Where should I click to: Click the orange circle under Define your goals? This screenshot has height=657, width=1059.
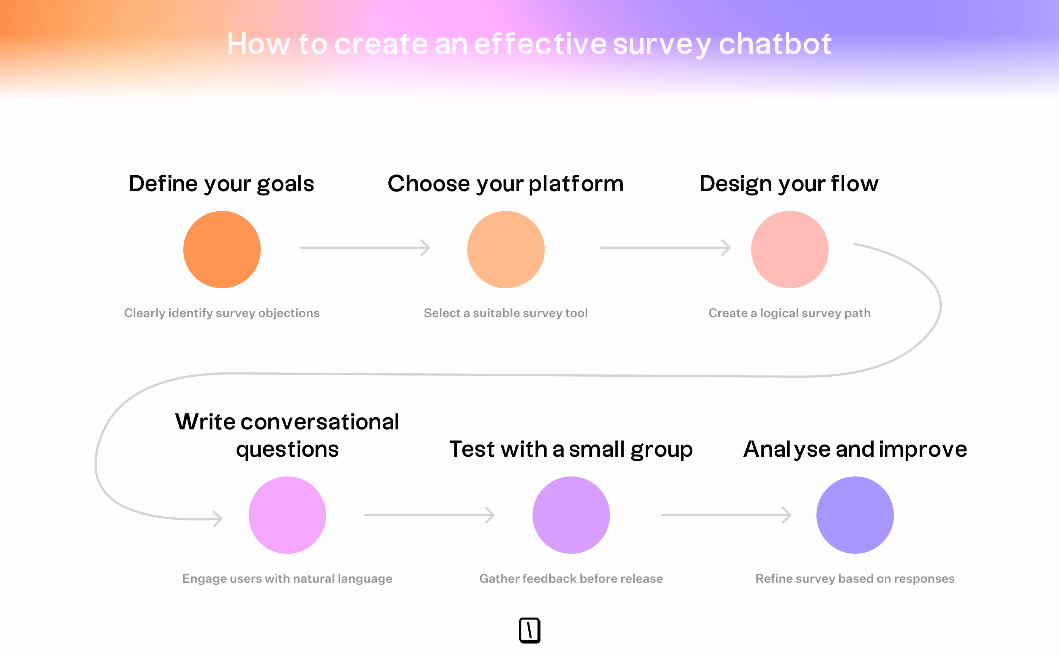point(222,250)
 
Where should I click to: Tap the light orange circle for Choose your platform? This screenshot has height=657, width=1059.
point(506,250)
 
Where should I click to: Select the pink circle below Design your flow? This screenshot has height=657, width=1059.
point(790,250)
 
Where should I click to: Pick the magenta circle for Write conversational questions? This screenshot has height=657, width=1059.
point(287,515)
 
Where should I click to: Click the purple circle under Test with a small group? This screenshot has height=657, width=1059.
point(571,515)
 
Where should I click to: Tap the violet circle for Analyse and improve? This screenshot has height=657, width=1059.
point(855,515)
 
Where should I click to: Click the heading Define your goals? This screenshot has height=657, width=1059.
point(221,184)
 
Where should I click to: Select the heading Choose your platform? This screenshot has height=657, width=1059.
point(506,184)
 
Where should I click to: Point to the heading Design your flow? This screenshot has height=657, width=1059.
point(789,184)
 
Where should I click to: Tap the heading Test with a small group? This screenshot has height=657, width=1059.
point(571,449)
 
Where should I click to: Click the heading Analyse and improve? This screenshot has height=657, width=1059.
point(855,449)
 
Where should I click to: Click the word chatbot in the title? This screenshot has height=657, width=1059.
point(775,44)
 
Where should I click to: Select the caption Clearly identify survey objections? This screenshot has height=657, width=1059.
point(222,313)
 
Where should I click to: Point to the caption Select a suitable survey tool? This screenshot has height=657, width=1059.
point(506,313)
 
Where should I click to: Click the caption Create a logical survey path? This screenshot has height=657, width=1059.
point(790,313)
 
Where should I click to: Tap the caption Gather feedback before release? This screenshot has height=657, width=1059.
point(571,578)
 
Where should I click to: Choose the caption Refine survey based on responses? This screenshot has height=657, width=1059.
point(855,578)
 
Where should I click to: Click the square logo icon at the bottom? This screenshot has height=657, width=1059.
point(529,630)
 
